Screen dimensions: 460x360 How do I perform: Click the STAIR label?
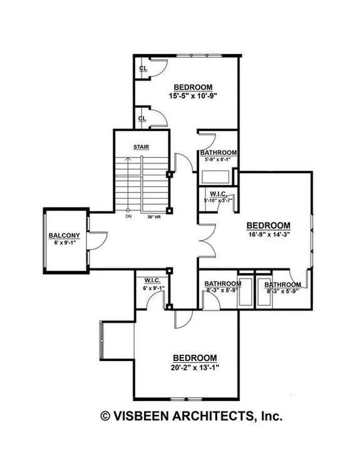(x=140, y=147)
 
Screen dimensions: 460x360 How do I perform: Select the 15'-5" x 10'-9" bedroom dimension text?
(x=192, y=97)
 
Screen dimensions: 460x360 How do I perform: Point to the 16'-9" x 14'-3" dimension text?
(x=269, y=235)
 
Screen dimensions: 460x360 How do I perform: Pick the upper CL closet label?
(x=143, y=68)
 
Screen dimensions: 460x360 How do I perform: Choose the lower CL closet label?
(x=142, y=118)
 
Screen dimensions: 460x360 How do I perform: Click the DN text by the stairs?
(x=128, y=217)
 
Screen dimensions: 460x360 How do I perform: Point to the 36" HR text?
(x=153, y=217)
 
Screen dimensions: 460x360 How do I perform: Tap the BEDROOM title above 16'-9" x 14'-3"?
(x=269, y=226)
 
